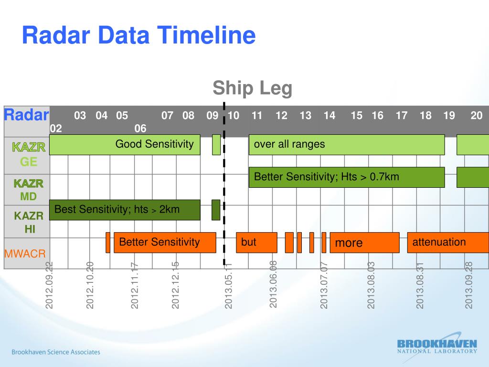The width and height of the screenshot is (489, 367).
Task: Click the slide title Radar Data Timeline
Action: coord(138,36)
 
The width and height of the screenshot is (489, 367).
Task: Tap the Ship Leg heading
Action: coord(252,88)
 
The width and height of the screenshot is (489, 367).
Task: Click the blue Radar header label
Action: coord(26,115)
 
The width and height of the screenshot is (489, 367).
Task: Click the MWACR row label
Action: coord(24,253)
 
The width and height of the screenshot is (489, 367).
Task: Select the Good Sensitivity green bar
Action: coord(124,145)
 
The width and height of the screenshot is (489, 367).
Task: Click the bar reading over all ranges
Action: coord(346,145)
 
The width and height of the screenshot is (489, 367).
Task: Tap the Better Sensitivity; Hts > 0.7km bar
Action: coord(346,177)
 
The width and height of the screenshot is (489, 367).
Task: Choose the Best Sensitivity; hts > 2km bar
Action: coord(124,210)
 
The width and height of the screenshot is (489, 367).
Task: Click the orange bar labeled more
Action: coord(364,243)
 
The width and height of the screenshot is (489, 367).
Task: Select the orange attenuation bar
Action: coord(447,242)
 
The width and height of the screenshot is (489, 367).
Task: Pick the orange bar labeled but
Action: coord(256,242)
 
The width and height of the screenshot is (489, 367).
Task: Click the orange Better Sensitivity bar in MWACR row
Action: coord(165,242)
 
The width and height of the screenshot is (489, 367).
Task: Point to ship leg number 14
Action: coord(329,116)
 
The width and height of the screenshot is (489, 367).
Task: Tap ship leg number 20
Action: coord(476,116)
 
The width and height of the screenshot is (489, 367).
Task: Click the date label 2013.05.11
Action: coord(228,286)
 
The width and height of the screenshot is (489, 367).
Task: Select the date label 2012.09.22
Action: coord(49,285)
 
